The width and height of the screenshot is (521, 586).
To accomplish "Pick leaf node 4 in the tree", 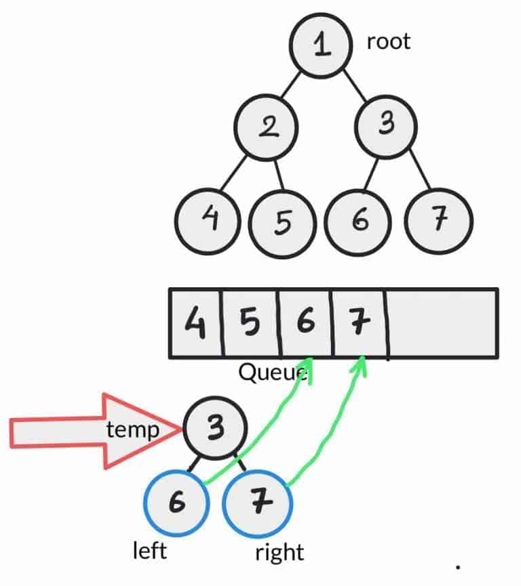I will coord(208,219).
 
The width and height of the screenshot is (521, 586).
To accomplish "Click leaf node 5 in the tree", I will coord(283,222).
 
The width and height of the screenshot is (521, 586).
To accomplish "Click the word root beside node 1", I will coord(389,42).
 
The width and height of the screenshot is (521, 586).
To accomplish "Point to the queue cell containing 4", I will coord(196,323).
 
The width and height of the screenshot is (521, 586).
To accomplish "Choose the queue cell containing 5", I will coord(250,323).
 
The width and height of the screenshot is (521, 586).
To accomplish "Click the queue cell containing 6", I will coord(305,323).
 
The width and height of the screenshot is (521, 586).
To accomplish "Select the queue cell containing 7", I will coord(359,323).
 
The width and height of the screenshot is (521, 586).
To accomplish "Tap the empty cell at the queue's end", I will coord(442,323).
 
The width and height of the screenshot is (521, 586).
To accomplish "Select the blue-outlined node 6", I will coord(175,505).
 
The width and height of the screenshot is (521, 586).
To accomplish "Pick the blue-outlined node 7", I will coord(258,505).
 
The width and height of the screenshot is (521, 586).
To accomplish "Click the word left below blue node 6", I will coord(150,550).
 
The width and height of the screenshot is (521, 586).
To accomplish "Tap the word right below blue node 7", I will coord(279,552).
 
